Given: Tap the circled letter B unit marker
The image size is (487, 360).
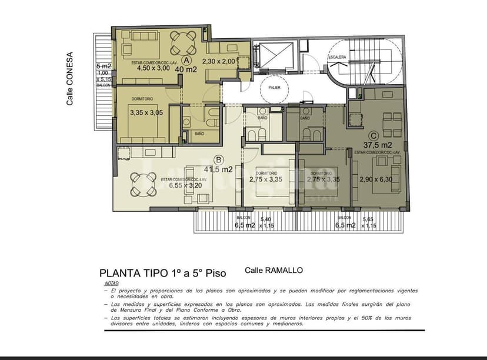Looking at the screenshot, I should click(219, 159).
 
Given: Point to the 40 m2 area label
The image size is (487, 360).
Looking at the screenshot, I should click(185, 69).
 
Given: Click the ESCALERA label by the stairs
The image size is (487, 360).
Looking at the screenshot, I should click(338, 57).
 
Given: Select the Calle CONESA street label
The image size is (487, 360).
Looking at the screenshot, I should click(69, 79).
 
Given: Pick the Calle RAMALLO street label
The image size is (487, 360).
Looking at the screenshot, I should click(273, 271).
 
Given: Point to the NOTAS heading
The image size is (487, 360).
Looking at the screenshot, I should click(111, 284).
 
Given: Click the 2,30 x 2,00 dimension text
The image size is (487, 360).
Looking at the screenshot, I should click(218, 61).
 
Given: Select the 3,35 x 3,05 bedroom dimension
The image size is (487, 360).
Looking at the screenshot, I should click(146, 112).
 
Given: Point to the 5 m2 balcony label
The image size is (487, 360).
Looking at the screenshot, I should click(104, 66).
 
